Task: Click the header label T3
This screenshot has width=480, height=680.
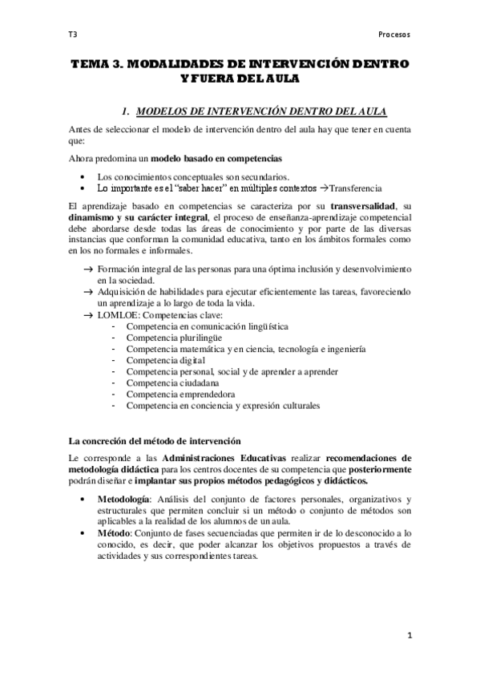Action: (72, 34)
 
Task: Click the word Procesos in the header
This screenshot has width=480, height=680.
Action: (393, 34)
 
